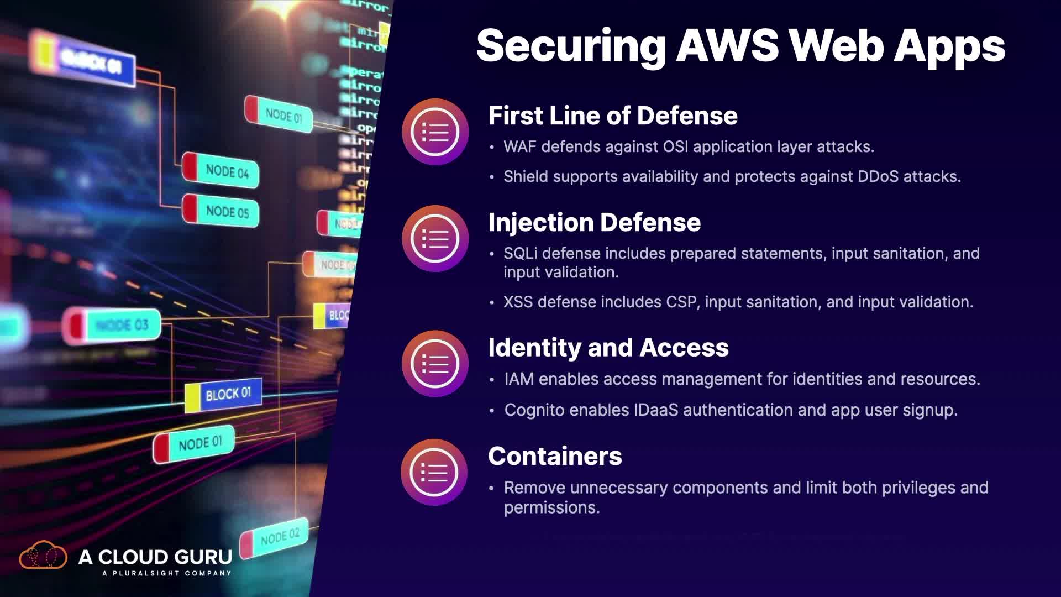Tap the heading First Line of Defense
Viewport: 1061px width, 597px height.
[612, 116]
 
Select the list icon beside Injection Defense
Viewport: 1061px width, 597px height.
[435, 239]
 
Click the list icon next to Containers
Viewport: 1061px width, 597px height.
[434, 473]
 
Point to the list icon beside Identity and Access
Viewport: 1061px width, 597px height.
[435, 364]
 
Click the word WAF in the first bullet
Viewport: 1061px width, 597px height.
[519, 147]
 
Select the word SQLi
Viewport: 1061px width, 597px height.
[519, 254]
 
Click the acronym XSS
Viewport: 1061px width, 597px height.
[518, 302]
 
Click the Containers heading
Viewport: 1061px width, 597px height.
[555, 457]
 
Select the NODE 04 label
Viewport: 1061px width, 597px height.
[227, 171]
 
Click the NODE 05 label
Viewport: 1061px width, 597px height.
[227, 212]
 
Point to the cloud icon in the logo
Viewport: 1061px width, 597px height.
[43, 556]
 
